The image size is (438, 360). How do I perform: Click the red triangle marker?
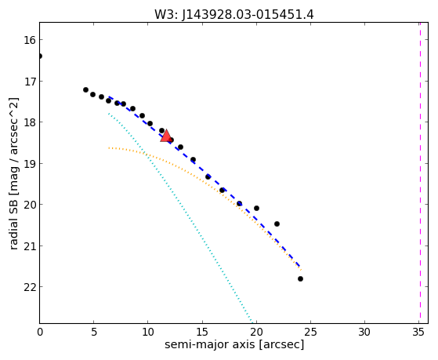coord(166,136)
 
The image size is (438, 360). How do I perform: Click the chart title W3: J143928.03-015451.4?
coord(234,14)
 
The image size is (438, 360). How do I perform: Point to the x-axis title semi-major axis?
coord(209,344)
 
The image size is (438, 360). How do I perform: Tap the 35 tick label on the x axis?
coord(418,332)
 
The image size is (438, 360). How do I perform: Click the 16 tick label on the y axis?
coord(30,40)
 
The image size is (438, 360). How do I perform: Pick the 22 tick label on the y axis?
coord(30,287)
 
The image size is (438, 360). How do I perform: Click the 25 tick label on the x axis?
coord(310,332)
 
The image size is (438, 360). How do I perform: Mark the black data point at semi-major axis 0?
coord(40,56)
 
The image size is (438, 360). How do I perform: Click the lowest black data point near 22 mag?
coord(300,279)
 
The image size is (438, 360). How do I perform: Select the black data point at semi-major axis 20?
coord(256,208)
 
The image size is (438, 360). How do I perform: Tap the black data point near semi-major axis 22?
coord(277,224)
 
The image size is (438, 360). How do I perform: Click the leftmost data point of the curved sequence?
coord(85,89)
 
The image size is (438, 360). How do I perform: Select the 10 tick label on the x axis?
coord(148,332)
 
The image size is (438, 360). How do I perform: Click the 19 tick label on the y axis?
coord(30,164)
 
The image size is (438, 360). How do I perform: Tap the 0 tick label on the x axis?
coord(40,332)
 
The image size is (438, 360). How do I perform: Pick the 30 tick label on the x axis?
coord(364,332)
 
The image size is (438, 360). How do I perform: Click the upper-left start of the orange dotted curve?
coord(109,147)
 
